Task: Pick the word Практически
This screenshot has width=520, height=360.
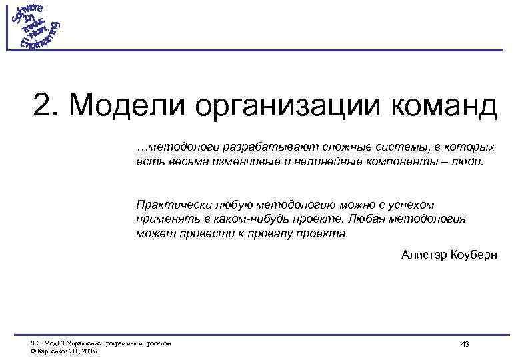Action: point(167,205)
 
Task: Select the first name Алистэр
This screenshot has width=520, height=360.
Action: point(423,255)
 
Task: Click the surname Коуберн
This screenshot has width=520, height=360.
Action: point(474,255)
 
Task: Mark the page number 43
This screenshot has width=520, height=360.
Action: point(465,344)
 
